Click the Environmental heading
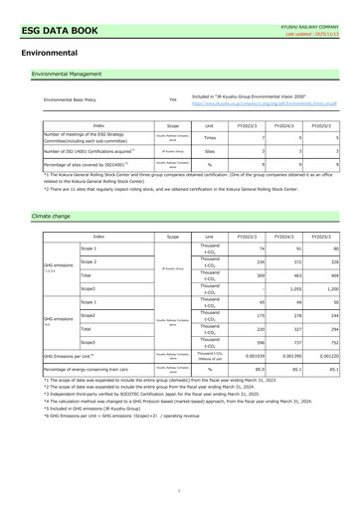tap(42, 51)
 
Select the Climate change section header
tap(52, 215)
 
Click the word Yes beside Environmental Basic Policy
tap(174, 99)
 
